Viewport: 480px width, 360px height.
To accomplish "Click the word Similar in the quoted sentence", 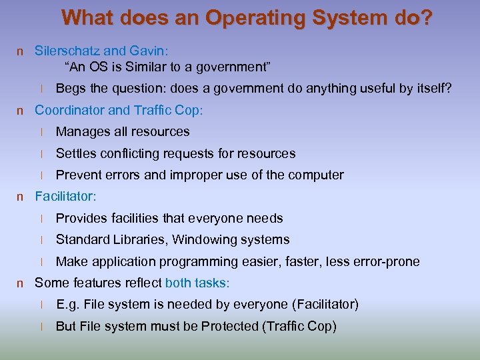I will pyautogui.click(x=151, y=67).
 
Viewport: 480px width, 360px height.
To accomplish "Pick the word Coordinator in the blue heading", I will pyautogui.click(x=68, y=110).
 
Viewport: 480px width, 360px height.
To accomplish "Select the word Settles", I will pyautogui.click(x=76, y=153).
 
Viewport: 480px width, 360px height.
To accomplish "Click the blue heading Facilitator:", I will pyautogui.click(x=65, y=197).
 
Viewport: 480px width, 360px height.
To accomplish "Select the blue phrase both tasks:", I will pyautogui.click(x=197, y=283).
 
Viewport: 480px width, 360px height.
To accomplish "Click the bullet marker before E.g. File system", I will pyautogui.click(x=41, y=305).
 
